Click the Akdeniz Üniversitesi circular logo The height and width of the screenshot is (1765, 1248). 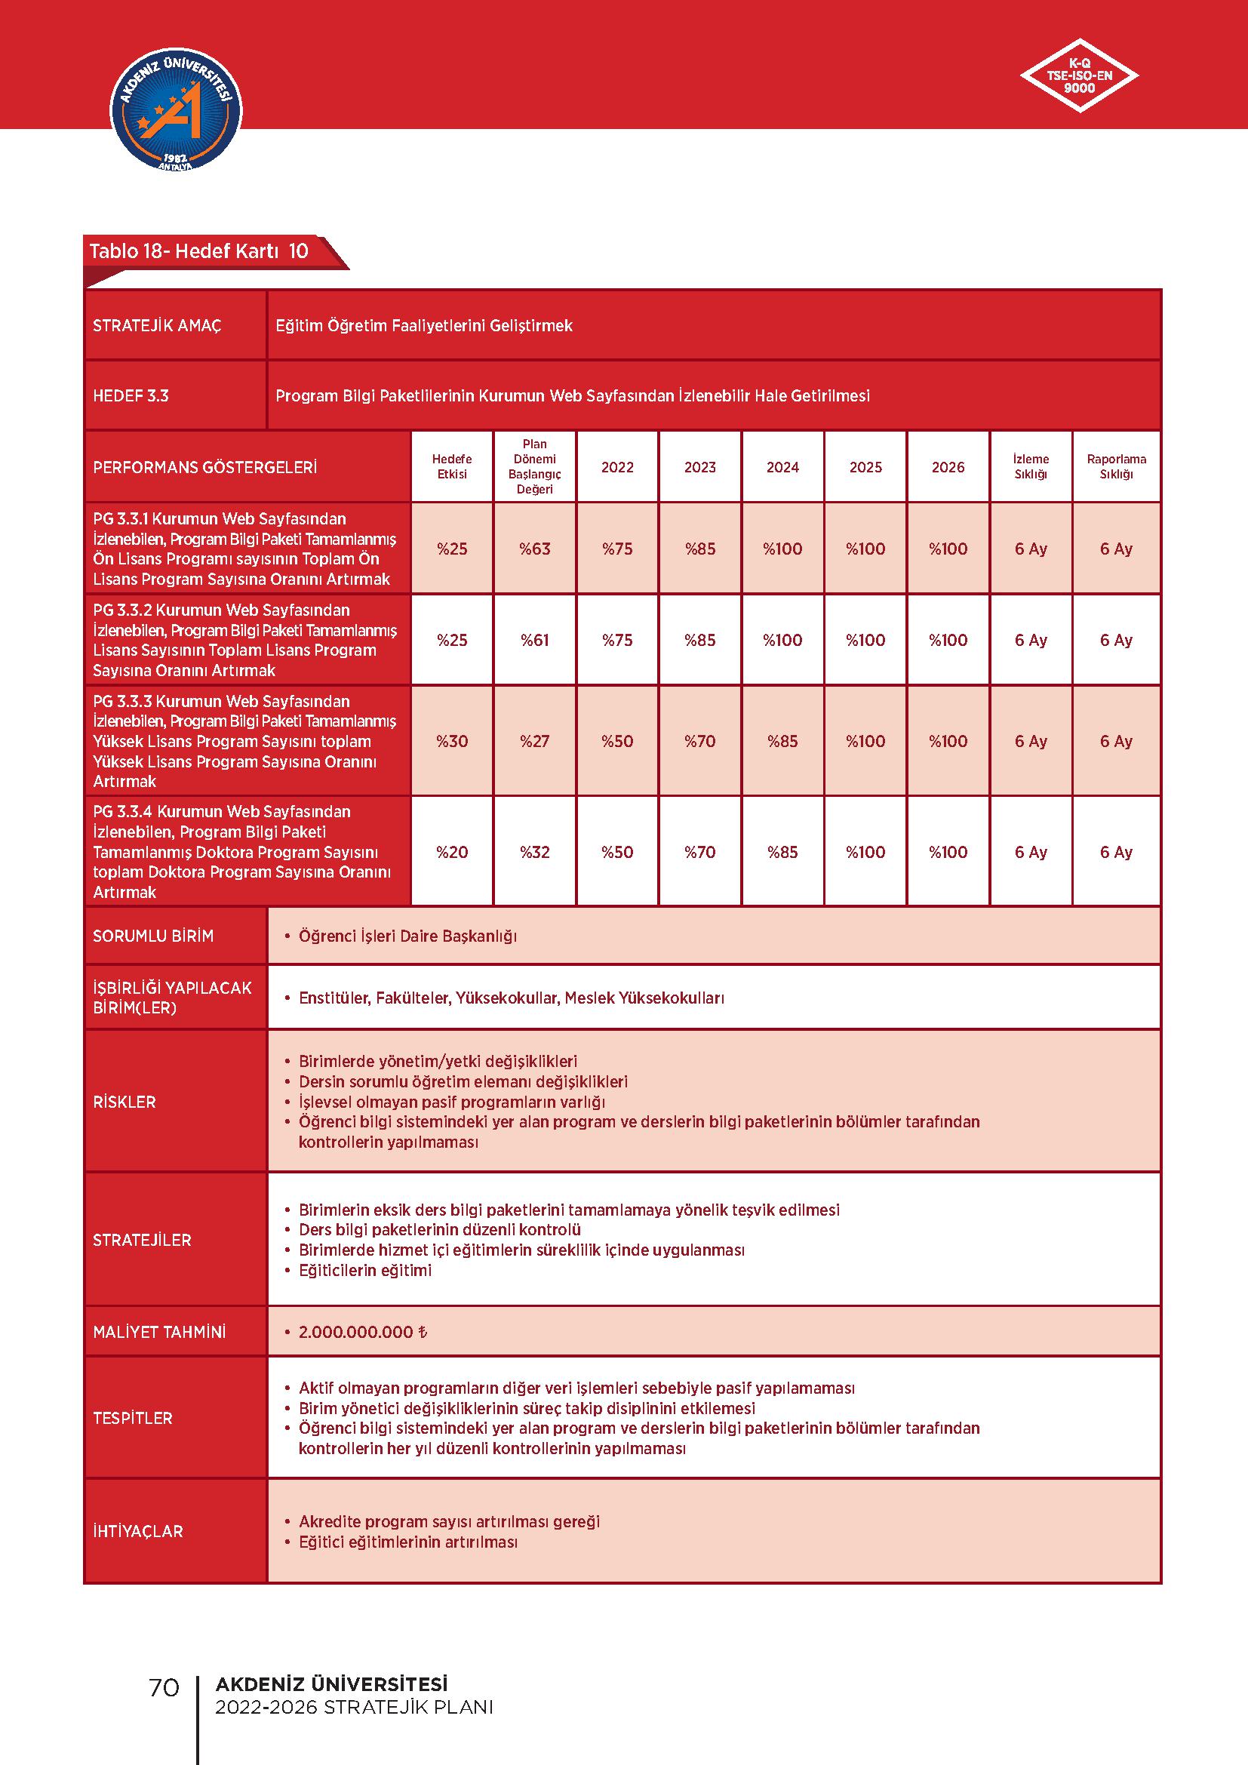click(x=176, y=112)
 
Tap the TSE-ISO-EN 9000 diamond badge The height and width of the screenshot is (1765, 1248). click(x=1079, y=76)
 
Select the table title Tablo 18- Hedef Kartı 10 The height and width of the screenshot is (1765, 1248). click(x=199, y=251)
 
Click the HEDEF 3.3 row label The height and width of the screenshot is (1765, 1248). click(x=131, y=396)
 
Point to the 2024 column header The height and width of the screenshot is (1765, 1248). click(x=782, y=467)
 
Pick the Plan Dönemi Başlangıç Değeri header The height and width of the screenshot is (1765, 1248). click(x=534, y=466)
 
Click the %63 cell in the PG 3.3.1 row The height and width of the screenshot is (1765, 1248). click(x=534, y=549)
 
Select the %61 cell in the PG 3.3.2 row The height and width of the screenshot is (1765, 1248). click(x=534, y=640)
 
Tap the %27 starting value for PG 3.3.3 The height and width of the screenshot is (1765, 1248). click(x=534, y=741)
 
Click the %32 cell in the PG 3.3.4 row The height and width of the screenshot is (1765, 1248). click(x=534, y=852)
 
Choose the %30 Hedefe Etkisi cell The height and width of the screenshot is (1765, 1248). click(x=452, y=741)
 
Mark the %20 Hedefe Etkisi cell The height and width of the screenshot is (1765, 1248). click(x=452, y=852)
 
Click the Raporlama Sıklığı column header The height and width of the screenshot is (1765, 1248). click(x=1116, y=466)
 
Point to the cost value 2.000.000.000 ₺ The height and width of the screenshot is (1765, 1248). click(x=362, y=1332)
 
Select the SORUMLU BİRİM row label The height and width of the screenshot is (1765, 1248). click(x=153, y=936)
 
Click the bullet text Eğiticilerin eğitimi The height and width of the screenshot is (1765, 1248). click(x=365, y=1271)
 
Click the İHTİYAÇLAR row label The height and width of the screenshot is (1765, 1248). click(x=138, y=1531)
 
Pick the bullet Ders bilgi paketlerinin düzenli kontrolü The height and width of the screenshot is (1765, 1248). click(x=439, y=1230)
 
